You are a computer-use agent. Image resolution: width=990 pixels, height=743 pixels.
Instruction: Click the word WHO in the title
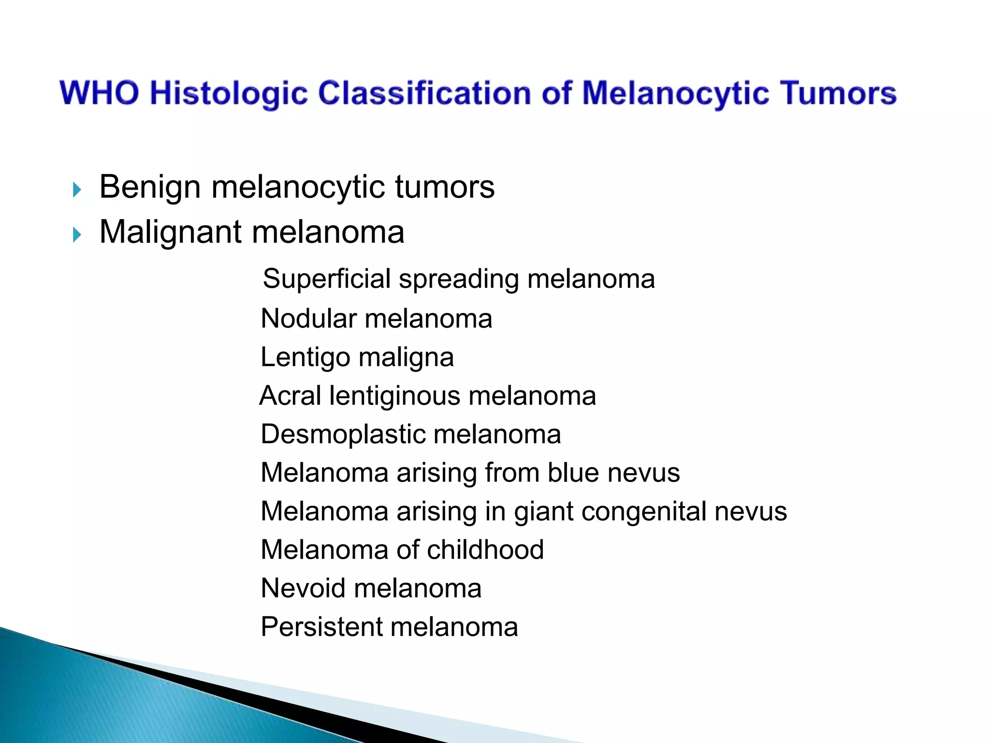(x=100, y=93)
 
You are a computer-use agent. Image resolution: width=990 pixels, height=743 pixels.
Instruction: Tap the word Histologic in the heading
(x=229, y=93)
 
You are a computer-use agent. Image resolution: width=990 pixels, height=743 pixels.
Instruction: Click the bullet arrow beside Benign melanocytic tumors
(x=77, y=190)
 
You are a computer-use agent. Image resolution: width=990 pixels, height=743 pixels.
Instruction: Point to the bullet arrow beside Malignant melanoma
(x=77, y=235)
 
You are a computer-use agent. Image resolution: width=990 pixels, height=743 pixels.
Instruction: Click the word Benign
(x=150, y=188)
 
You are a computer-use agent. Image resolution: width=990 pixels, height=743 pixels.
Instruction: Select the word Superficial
(x=327, y=279)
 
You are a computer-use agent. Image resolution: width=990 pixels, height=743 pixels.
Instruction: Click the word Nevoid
(x=303, y=589)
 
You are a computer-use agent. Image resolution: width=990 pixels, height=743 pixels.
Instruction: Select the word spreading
(x=459, y=279)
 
